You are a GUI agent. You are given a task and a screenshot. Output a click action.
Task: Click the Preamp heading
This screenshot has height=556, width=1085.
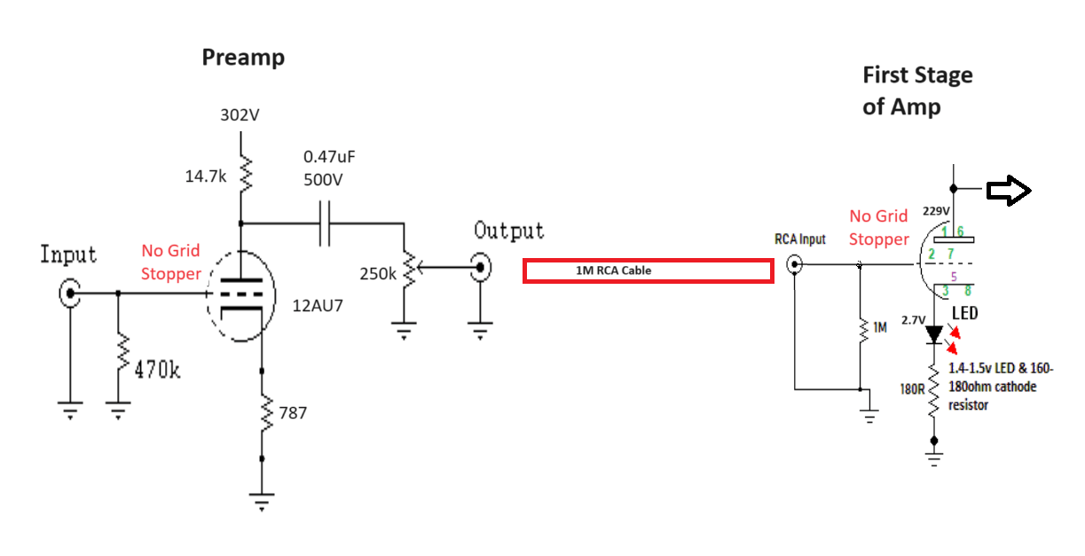243,58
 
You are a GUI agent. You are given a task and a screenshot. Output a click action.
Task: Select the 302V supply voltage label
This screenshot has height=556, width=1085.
240,115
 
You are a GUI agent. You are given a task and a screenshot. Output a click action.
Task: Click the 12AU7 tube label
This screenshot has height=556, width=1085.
317,306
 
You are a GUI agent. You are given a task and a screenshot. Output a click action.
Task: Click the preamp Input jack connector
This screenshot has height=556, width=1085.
69,293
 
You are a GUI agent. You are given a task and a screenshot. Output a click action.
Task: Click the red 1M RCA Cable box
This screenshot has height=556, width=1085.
648,270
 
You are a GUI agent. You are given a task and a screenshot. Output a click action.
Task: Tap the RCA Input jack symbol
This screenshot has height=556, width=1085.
795,264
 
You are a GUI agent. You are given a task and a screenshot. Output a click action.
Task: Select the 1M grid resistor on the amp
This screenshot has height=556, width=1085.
860,327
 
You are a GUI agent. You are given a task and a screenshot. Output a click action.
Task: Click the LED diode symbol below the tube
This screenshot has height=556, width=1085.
933,334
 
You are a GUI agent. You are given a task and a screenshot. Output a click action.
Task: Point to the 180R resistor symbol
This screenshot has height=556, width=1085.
933,390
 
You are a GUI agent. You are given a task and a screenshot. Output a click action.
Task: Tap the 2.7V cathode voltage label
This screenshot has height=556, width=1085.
913,319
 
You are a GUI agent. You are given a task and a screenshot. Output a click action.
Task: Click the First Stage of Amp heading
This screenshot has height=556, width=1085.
917,90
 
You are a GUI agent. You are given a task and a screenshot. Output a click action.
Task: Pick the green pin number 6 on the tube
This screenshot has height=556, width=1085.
960,231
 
